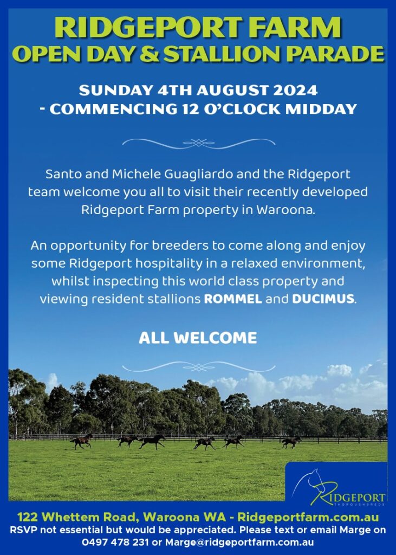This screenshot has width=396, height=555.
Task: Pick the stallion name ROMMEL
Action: [x=233, y=299]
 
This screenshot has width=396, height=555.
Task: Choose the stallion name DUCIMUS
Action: [x=323, y=299]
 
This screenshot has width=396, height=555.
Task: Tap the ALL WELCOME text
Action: [x=198, y=338]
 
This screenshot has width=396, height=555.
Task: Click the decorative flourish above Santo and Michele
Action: [x=198, y=143]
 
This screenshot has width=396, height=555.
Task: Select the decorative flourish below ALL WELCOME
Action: [x=198, y=367]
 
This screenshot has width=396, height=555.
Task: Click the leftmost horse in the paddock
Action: [x=82, y=441]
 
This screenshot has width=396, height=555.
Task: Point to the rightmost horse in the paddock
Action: [x=291, y=442]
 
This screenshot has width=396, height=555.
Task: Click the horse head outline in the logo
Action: [x=310, y=481]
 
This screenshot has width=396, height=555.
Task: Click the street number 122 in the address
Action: [x=27, y=517]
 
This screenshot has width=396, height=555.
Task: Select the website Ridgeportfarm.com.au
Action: [x=308, y=517]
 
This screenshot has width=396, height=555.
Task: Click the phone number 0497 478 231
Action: [x=115, y=542]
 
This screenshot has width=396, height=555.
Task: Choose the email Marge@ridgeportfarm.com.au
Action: [x=239, y=542]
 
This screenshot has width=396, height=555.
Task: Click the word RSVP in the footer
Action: [x=22, y=530]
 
